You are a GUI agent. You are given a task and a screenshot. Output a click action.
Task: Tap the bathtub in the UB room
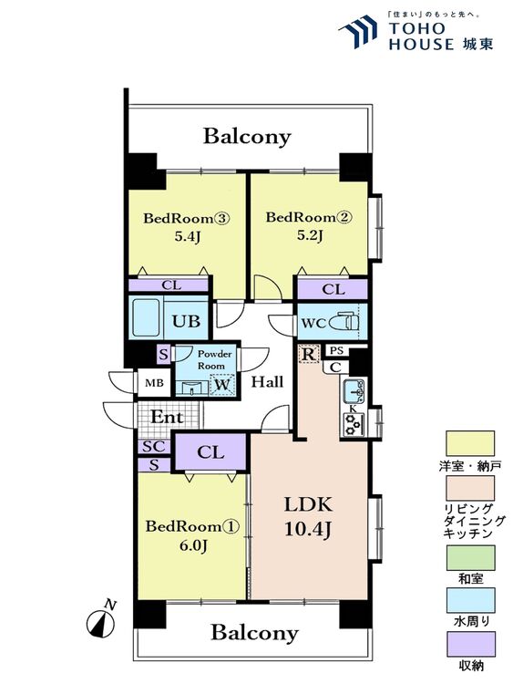click(x=146, y=317)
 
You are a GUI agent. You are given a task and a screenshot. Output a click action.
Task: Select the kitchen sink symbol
click(x=354, y=391)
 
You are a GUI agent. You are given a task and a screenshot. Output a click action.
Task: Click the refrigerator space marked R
click(x=309, y=354)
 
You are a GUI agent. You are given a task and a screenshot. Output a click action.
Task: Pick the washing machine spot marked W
click(x=222, y=385)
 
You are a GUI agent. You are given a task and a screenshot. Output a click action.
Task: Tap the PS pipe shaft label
click(x=336, y=350)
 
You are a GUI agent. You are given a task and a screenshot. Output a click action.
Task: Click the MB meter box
click(x=154, y=383)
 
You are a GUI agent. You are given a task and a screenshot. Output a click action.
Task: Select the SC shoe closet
click(x=154, y=447)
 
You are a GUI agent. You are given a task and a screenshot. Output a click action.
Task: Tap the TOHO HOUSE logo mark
click(x=358, y=30)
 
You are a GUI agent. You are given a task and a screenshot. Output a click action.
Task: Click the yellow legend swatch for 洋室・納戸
click(x=470, y=443)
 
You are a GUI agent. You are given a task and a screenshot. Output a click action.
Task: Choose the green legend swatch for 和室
click(x=470, y=558)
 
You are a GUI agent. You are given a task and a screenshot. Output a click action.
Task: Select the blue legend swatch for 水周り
click(x=470, y=601)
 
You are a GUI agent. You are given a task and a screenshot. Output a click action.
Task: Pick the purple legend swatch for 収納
click(x=470, y=644)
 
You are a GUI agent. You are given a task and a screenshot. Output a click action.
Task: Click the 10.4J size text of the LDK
click(x=308, y=529)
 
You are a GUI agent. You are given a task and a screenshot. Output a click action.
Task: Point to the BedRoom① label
click(x=191, y=526)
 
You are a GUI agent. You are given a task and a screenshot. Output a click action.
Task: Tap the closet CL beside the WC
click(x=333, y=289)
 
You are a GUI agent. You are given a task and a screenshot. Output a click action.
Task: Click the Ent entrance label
click(x=167, y=417)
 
